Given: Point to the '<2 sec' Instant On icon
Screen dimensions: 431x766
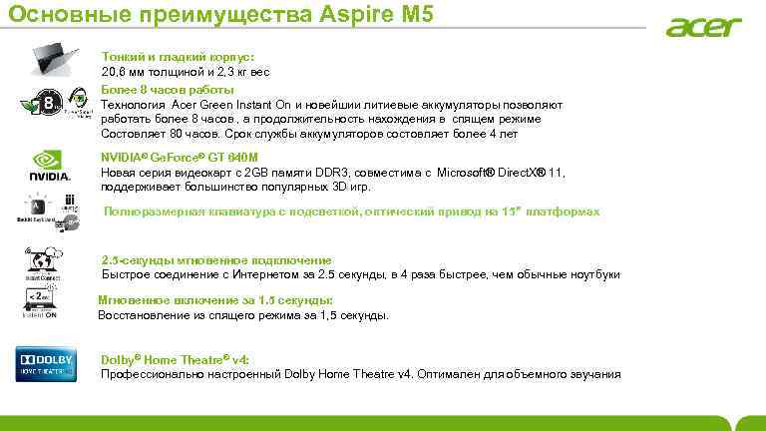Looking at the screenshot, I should (41, 301).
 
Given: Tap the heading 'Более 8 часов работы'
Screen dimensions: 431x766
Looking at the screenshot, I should (169, 90).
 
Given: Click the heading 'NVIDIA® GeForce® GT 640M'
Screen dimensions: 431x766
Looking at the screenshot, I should (180, 158).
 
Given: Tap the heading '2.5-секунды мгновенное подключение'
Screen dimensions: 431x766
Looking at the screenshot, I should (216, 259).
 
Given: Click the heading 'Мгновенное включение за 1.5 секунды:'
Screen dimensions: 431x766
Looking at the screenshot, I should (215, 300).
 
